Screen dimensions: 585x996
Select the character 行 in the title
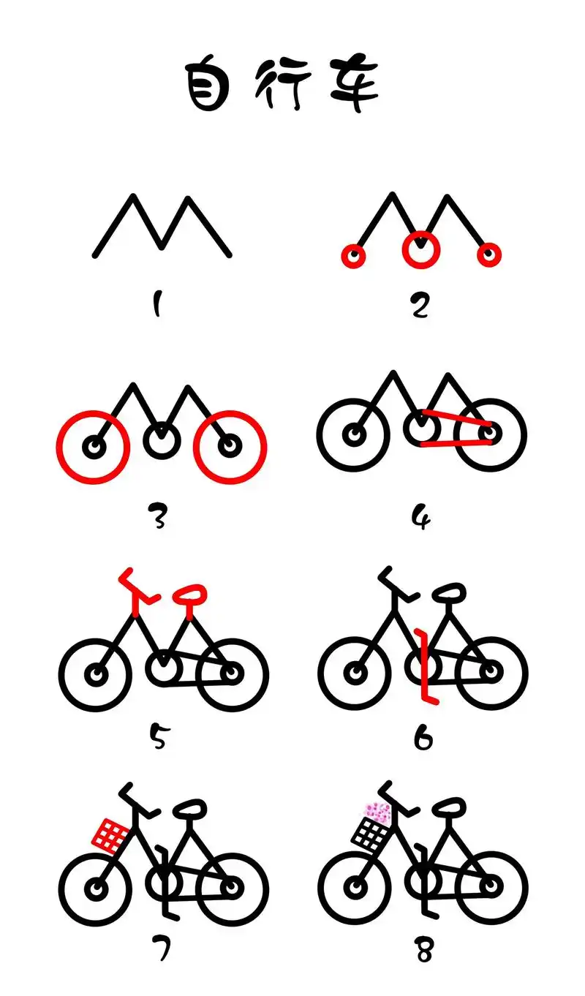pyautogui.click(x=281, y=84)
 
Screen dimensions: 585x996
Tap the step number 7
pyautogui.click(x=162, y=944)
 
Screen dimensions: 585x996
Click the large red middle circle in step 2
pyautogui.click(x=420, y=250)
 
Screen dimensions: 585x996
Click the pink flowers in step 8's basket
pyautogui.click(x=378, y=812)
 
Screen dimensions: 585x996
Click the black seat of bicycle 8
pyautogui.click(x=449, y=808)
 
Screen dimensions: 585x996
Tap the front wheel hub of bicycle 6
pyautogui.click(x=355, y=671)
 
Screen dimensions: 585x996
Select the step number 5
pyautogui.click(x=158, y=736)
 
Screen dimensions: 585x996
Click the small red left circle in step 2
pyautogui.click(x=354, y=256)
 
